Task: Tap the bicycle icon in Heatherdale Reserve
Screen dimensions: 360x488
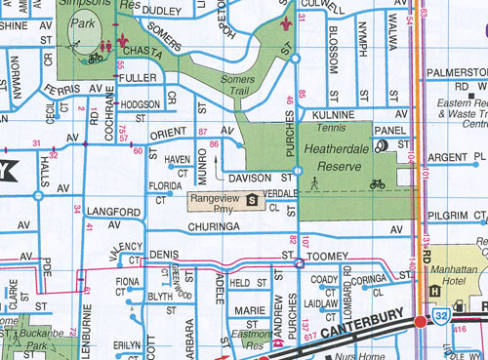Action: click(x=378, y=182)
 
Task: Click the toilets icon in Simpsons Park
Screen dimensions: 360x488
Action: click(x=102, y=46)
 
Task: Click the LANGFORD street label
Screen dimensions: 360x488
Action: click(x=105, y=210)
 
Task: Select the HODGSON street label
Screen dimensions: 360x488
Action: click(x=140, y=104)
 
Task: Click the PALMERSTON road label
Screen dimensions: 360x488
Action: click(x=459, y=71)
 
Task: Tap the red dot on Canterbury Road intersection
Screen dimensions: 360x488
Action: click(x=420, y=321)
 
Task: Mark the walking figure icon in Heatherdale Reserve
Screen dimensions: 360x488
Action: click(x=314, y=182)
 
